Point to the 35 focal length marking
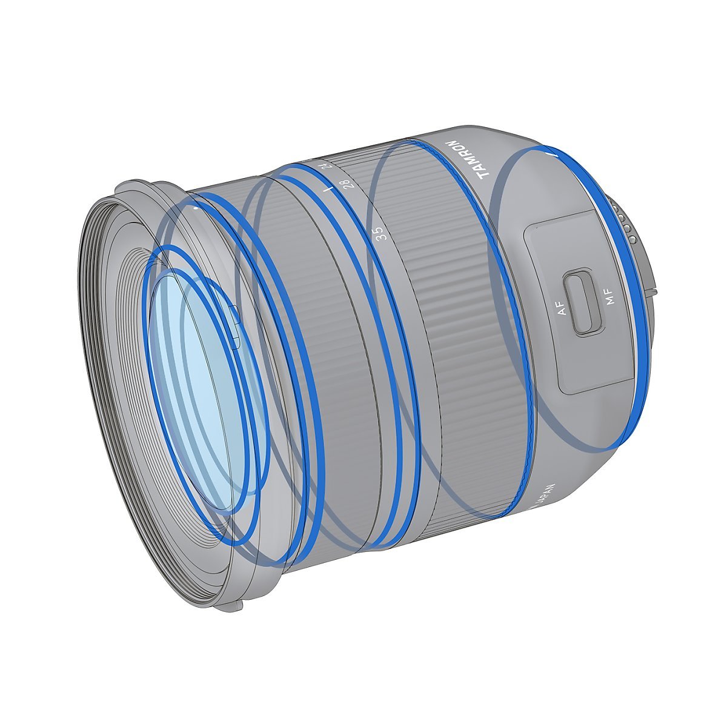380,234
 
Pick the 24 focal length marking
326,164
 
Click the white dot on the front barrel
196,207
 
